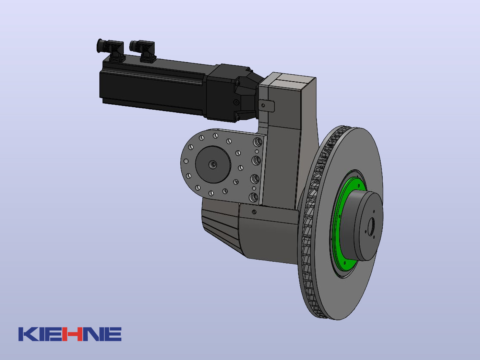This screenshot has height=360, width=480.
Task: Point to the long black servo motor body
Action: tap(153, 87)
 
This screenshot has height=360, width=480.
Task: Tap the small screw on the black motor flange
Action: tap(236, 102)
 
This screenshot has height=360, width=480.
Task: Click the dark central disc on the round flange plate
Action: tap(213, 164)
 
